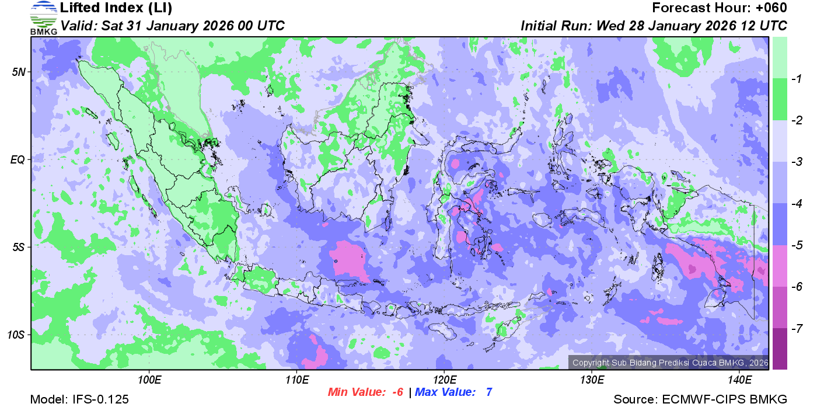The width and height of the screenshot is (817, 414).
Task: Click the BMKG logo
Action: pyautogui.click(x=44, y=18)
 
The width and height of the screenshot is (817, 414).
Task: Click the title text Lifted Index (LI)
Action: pyautogui.click(x=116, y=8)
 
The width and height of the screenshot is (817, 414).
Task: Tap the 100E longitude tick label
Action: pyautogui.click(x=149, y=380)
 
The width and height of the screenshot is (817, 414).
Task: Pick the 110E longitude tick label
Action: pyautogui.click(x=296, y=380)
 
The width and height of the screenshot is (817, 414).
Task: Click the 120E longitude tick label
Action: pyautogui.click(x=444, y=380)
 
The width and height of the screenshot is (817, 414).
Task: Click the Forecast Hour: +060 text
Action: pyautogui.click(x=720, y=8)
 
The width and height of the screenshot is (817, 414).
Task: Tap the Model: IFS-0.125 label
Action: pyautogui.click(x=79, y=399)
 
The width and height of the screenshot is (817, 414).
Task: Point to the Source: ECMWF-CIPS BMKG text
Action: pyautogui.click(x=700, y=399)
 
